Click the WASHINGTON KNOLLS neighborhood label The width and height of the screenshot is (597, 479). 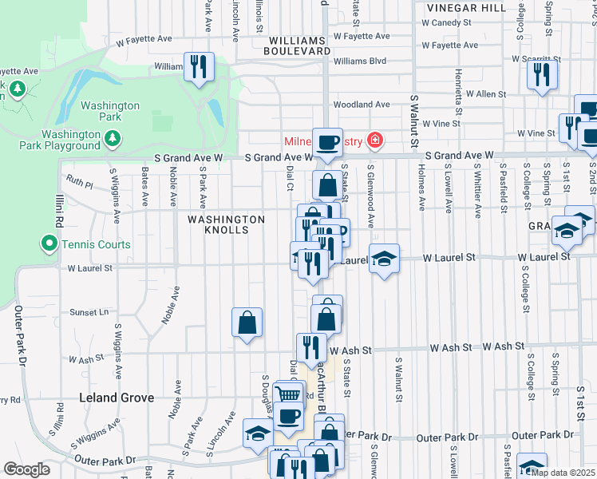coord(226,224)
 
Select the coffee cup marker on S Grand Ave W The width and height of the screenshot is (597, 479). coord(327,142)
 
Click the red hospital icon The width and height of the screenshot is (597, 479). coord(375,142)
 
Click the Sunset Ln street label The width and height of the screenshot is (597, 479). coord(89,312)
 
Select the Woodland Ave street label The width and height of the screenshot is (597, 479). coord(362,105)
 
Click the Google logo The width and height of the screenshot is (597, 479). coord(26,469)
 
